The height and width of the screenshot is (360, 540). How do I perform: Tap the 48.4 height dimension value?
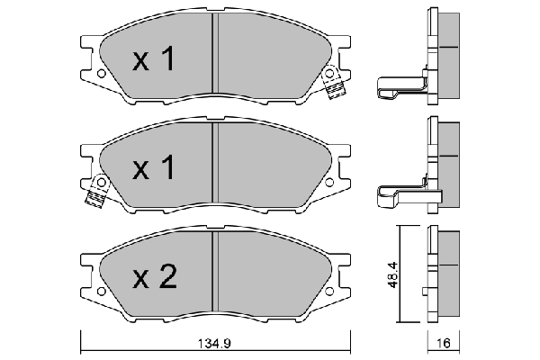392,275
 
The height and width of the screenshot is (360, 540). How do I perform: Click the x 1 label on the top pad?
154,59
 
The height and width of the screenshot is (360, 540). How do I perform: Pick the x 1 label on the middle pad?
154,167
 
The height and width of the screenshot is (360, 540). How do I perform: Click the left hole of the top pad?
101,74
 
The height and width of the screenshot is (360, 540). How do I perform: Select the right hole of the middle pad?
329,182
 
